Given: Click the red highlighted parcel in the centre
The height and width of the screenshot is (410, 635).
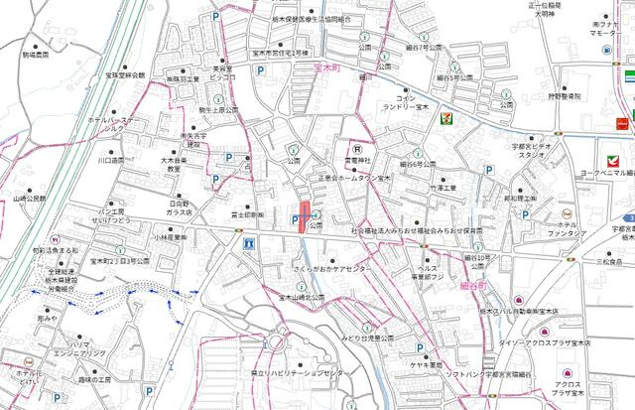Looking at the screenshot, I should pyautogui.click(x=305, y=217).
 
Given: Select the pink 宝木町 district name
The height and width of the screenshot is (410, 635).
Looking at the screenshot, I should pyautogui.click(x=326, y=68).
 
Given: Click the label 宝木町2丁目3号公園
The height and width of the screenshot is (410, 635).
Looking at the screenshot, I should pyautogui.click(x=120, y=262).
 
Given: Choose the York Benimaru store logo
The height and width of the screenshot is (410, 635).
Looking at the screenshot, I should pyautogui.click(x=608, y=156).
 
